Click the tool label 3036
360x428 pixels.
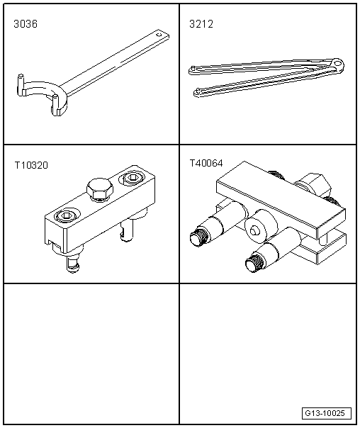26,24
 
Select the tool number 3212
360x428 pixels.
201,24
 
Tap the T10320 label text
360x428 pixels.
31,165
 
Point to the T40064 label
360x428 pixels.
206,163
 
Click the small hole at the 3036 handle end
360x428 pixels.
159,35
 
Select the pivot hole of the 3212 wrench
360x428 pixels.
338,64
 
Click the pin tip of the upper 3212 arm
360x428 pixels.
193,67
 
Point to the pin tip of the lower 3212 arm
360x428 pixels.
197,89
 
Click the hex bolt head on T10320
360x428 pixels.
100,188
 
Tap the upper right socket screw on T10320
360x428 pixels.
133,178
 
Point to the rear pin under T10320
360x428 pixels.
126,231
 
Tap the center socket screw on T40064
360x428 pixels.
255,230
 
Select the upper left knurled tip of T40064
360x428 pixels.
200,237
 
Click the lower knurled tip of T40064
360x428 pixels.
254,264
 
